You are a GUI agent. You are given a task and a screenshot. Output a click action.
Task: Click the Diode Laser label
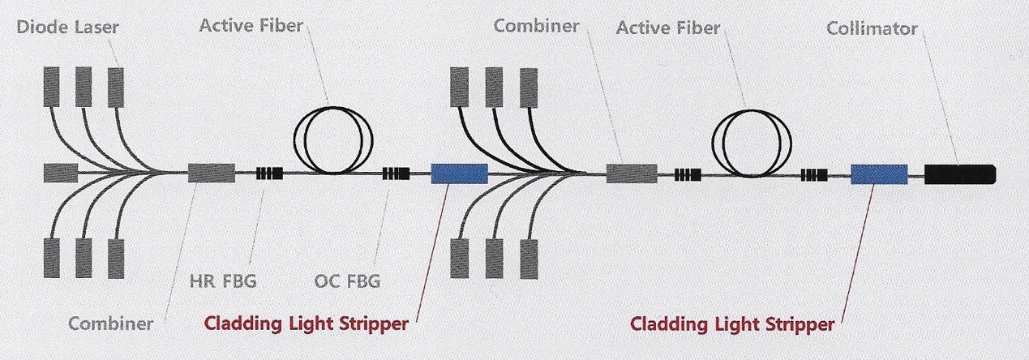69,28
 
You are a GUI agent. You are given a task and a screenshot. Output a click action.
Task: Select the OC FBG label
346,282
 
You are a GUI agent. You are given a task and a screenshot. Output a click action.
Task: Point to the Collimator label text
872,28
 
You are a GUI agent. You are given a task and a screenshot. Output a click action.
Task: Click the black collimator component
960,174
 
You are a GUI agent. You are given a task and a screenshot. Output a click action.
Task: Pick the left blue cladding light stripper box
459,174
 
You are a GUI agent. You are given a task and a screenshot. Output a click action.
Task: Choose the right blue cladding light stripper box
878,174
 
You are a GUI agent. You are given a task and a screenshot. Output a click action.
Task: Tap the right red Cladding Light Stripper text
732,325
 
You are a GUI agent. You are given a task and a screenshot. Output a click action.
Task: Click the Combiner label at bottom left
110,324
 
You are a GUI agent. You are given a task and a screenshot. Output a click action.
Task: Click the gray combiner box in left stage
211,173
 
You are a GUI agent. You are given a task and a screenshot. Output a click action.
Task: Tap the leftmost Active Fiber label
251,26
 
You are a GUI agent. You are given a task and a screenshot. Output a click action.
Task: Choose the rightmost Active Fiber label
667,28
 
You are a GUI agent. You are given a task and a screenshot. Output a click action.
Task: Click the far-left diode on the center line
59,173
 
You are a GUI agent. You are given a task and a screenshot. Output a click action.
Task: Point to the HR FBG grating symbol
269,174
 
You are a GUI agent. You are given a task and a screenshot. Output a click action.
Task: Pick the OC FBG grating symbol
397,174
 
